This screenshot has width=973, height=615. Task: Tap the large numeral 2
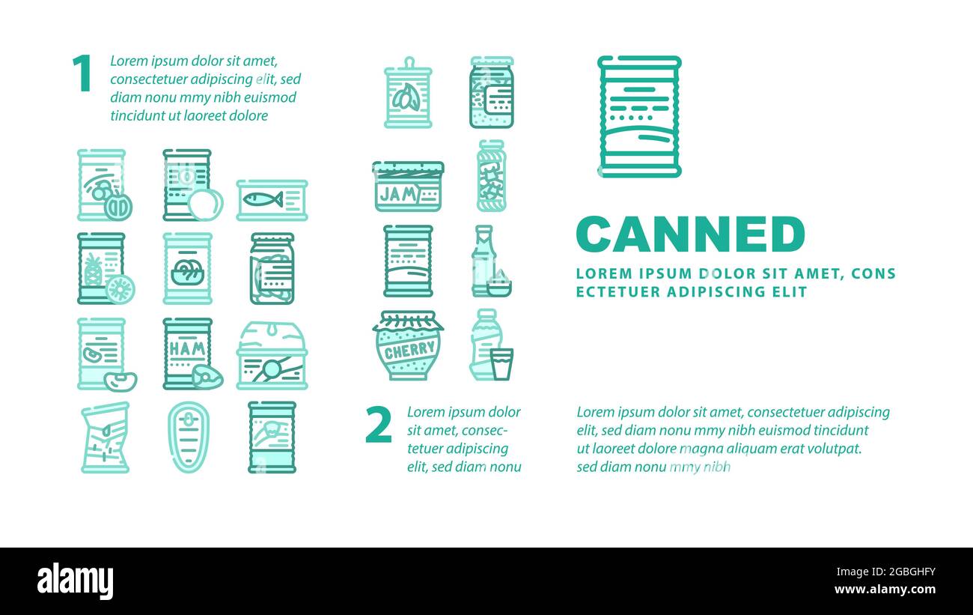pyautogui.click(x=379, y=424)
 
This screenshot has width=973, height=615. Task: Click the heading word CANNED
pyautogui.click(x=690, y=234)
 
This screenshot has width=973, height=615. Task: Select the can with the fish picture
pyautogui.click(x=272, y=200)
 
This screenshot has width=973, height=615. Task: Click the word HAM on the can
pyautogui.click(x=187, y=348)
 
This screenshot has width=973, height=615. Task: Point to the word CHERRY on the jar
pyautogui.click(x=409, y=351)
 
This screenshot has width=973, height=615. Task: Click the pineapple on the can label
pyautogui.click(x=93, y=270)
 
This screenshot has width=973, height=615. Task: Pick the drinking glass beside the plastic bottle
pyautogui.click(x=501, y=364)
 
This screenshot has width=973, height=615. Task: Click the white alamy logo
pyautogui.click(x=75, y=581)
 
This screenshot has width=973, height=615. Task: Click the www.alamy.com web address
pyautogui.click(x=885, y=590)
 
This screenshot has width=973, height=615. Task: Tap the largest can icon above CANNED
pyautogui.click(x=639, y=116)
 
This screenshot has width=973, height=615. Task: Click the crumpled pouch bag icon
pyautogui.click(x=106, y=437)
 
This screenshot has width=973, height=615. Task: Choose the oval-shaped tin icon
pyautogui.click(x=189, y=437)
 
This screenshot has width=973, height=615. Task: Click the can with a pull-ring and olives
pyautogui.click(x=408, y=93)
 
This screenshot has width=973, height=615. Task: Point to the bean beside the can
pyautogui.click(x=121, y=381)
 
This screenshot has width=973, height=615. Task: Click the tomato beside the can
pyautogui.click(x=206, y=205)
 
